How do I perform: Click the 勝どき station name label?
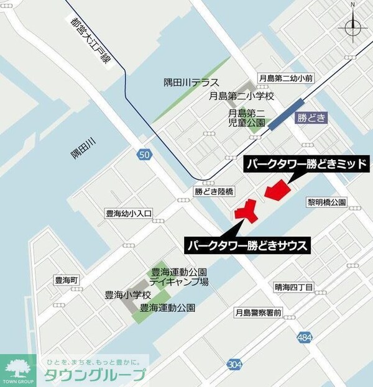pyautogui.click(x=311, y=118)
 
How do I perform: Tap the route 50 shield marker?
pyautogui.click(x=144, y=155)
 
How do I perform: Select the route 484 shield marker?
pyautogui.click(x=305, y=337)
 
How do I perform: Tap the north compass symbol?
pyautogui.click(x=352, y=25)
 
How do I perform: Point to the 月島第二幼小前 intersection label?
pyautogui.click(x=287, y=78)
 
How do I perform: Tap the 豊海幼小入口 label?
pyautogui.click(x=129, y=214)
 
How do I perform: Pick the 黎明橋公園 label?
pyautogui.click(x=326, y=203)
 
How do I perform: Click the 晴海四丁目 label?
pyautogui.click(x=294, y=287)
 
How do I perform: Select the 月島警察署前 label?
pyautogui.click(x=258, y=312)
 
